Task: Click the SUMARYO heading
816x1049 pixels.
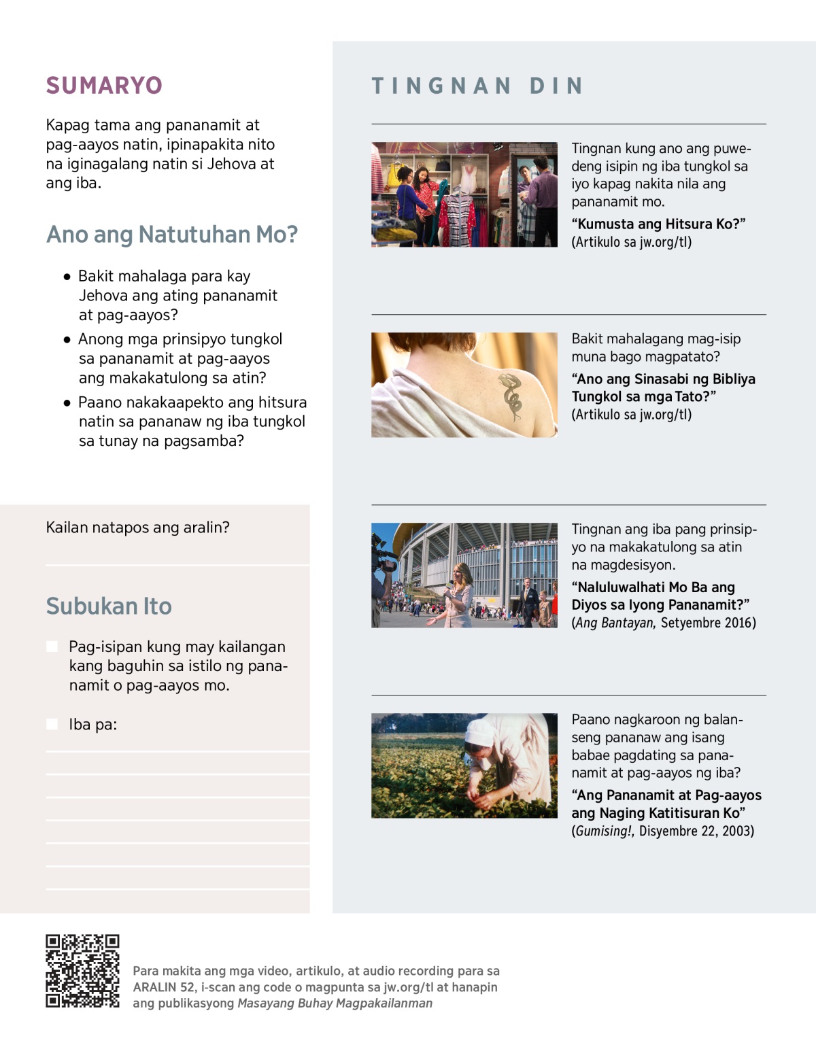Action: tap(104, 86)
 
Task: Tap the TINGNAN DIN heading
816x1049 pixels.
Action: tap(477, 86)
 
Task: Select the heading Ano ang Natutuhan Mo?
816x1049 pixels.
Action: tap(172, 235)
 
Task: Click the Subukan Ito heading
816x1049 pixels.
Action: tap(109, 606)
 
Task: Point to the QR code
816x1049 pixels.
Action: tap(82, 971)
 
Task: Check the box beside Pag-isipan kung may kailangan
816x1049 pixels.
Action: tap(52, 647)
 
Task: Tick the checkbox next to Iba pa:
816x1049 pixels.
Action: tap(52, 724)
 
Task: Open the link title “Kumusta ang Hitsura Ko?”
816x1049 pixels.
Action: tap(658, 224)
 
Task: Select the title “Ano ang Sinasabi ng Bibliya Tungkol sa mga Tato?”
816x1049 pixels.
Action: tap(663, 388)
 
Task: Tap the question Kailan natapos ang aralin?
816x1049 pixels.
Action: tap(138, 528)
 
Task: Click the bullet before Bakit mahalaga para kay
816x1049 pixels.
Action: tap(67, 277)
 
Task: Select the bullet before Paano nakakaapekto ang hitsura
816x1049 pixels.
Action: tap(67, 402)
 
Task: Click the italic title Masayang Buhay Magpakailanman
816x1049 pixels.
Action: tap(335, 1003)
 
